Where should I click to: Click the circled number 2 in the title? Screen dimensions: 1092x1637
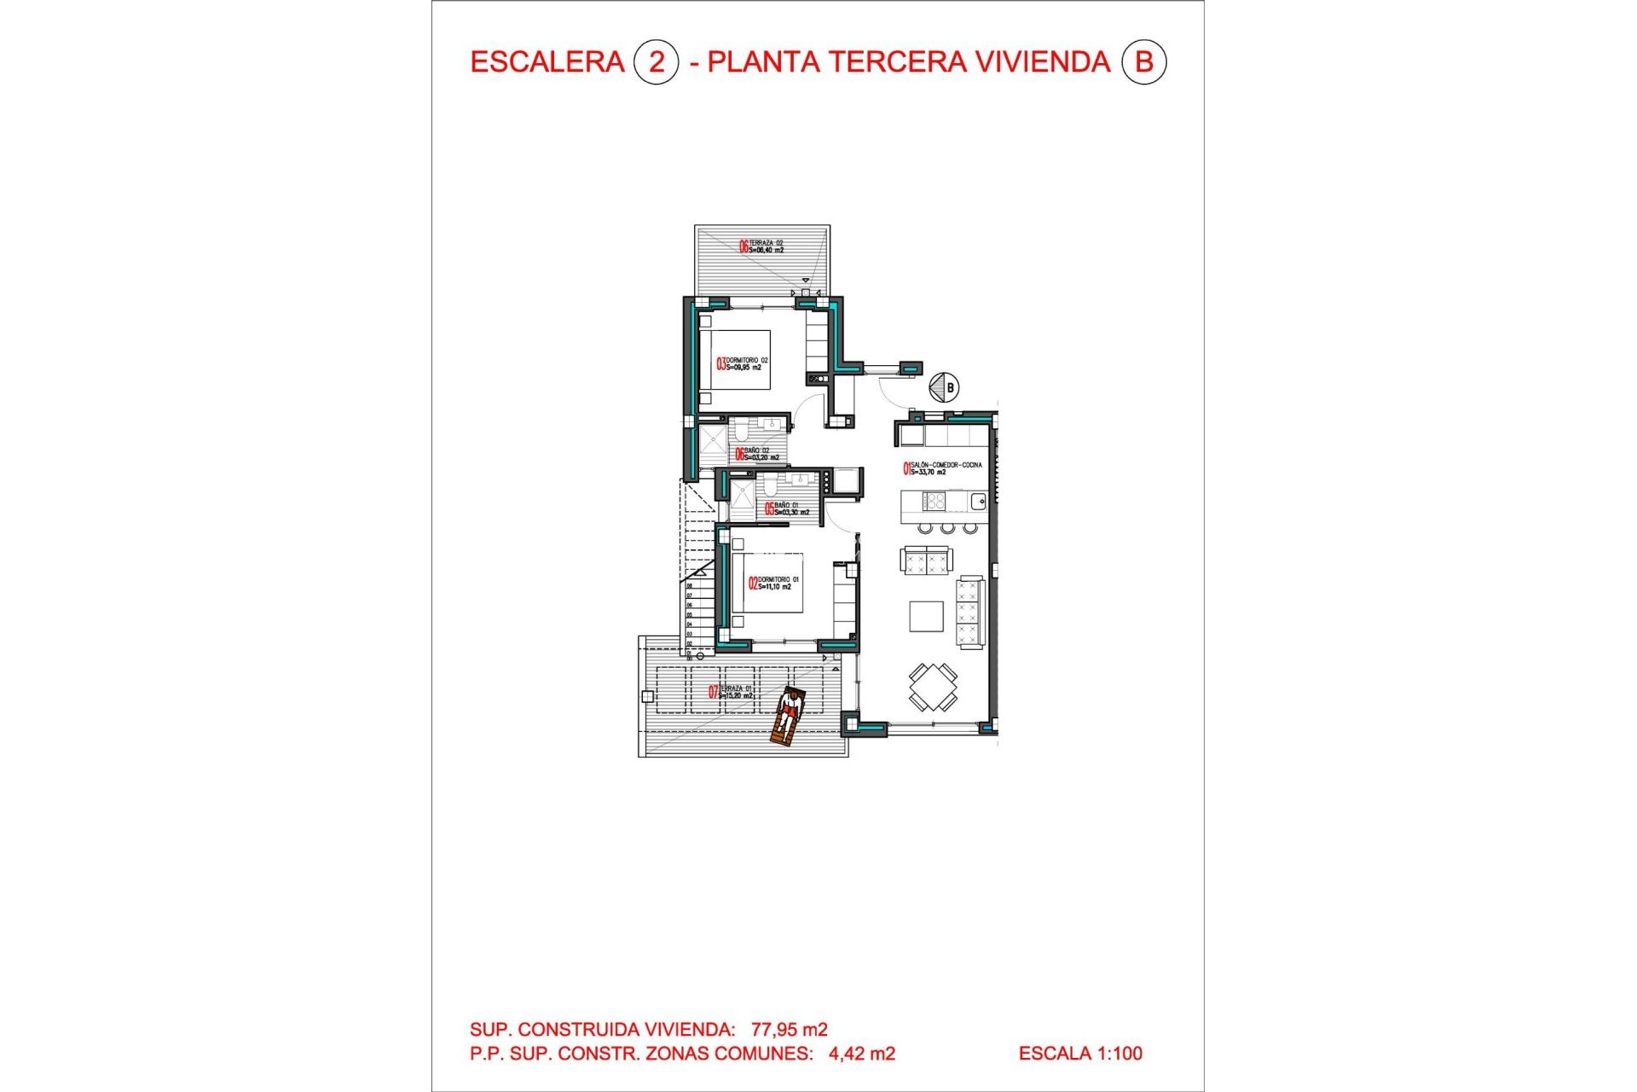click(656, 62)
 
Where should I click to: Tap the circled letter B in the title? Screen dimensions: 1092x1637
click(1143, 62)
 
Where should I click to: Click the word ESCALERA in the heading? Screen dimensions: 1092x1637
click(547, 62)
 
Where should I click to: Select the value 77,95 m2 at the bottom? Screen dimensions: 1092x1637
click(789, 1030)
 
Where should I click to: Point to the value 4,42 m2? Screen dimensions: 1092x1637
click(861, 1054)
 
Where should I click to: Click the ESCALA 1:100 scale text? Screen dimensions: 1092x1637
click(1080, 1054)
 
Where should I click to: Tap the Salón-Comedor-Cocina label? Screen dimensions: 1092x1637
click(942, 468)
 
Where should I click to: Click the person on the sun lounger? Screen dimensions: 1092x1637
click(788, 717)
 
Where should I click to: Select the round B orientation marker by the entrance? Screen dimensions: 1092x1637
click(944, 387)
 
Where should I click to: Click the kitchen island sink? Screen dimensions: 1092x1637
click(978, 502)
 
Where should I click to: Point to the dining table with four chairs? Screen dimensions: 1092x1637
click(933, 687)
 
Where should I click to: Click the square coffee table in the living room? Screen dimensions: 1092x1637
click(926, 616)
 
